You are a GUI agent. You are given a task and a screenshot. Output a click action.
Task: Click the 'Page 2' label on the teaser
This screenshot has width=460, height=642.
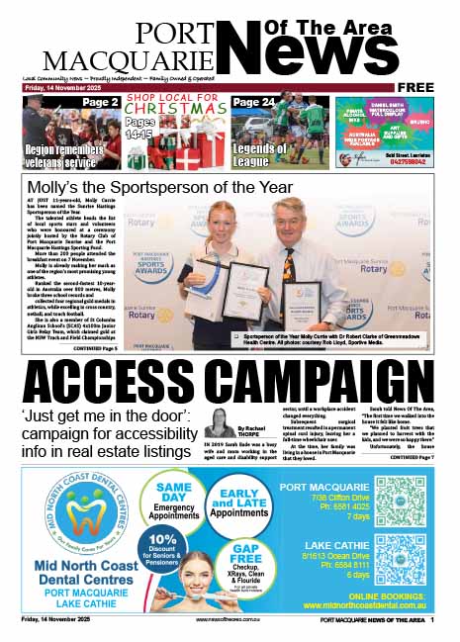tap(99, 102)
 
